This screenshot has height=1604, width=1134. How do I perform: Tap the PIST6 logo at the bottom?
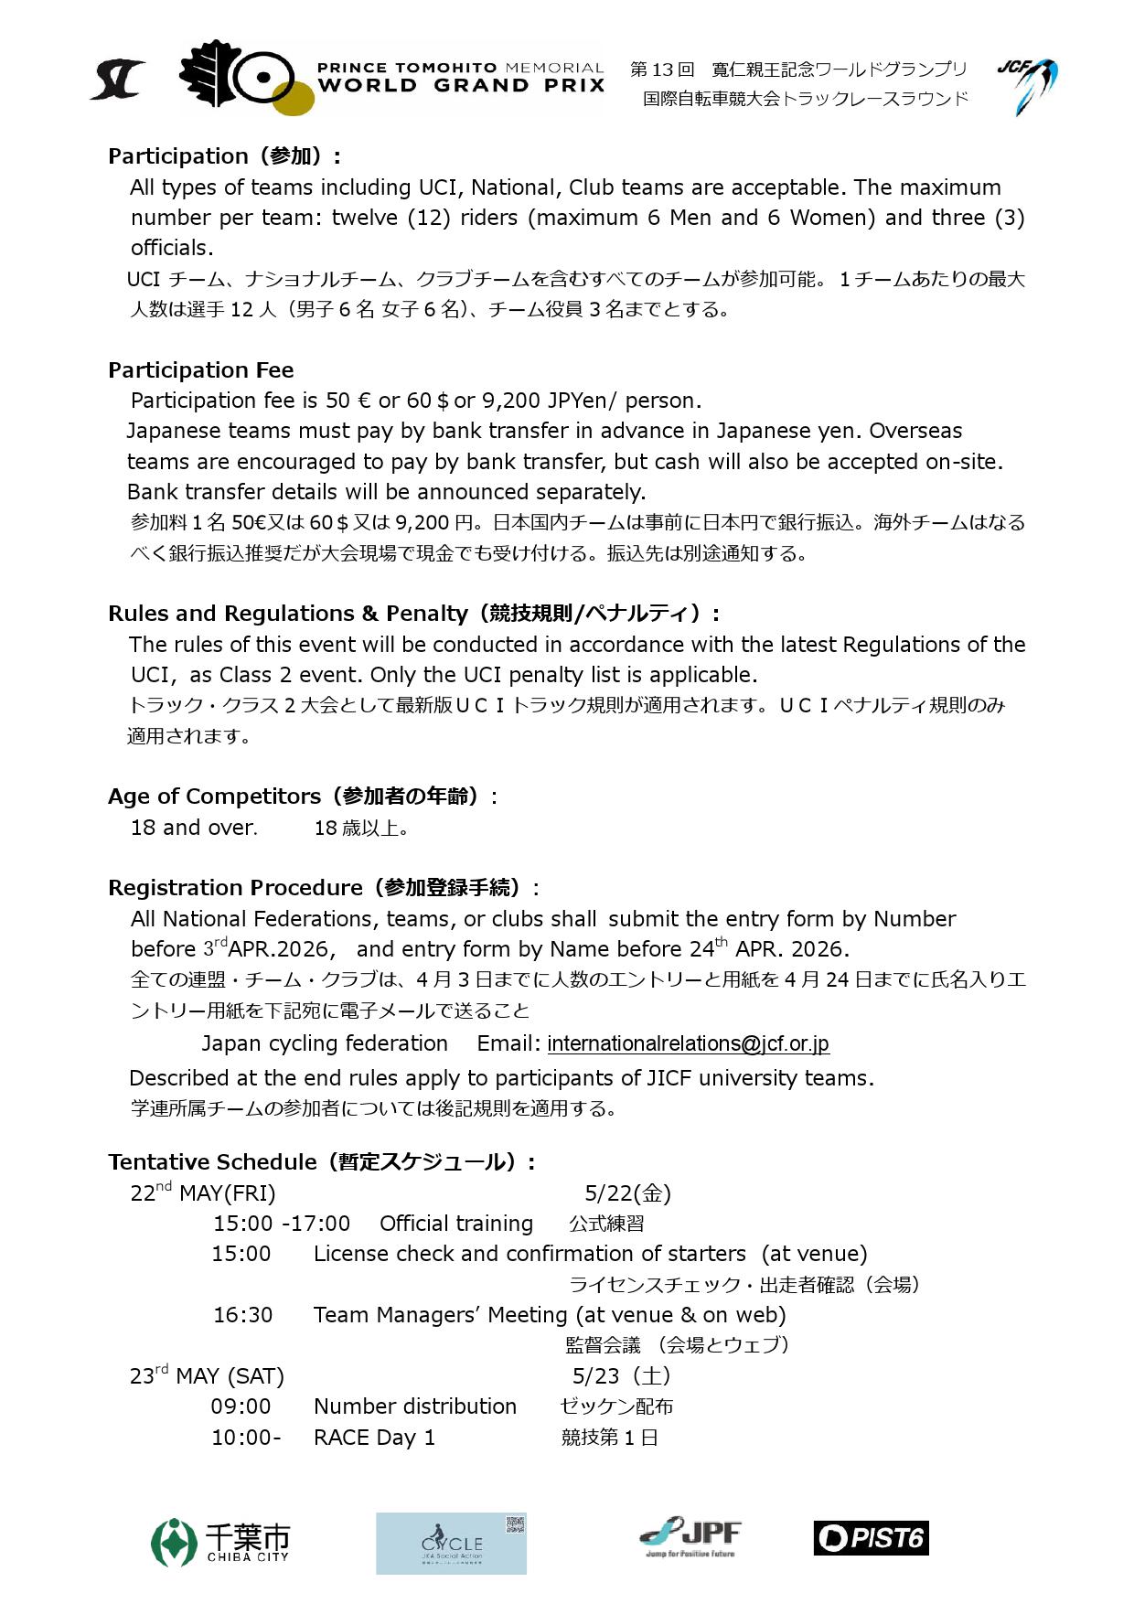871,1538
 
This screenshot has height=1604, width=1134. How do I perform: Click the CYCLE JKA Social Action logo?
451,1543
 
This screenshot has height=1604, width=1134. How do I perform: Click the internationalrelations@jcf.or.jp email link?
688,1043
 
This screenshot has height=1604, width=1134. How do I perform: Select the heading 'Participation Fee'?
201,370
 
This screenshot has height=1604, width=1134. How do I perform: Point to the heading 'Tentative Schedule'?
212,1162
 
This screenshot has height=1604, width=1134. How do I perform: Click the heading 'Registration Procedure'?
235,888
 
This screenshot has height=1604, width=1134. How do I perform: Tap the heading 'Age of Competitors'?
215,797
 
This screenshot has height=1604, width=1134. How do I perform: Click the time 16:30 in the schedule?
242,1315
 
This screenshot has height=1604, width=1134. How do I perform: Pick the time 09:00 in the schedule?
241,1406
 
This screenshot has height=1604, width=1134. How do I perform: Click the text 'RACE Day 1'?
374,1438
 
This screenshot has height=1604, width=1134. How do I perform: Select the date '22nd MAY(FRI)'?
202,1192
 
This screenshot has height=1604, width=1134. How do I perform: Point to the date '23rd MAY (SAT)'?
207,1375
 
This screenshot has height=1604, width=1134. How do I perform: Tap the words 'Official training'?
455,1224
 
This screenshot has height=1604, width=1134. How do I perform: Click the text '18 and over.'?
194,828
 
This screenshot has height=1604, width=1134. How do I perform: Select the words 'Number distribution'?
414,1406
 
